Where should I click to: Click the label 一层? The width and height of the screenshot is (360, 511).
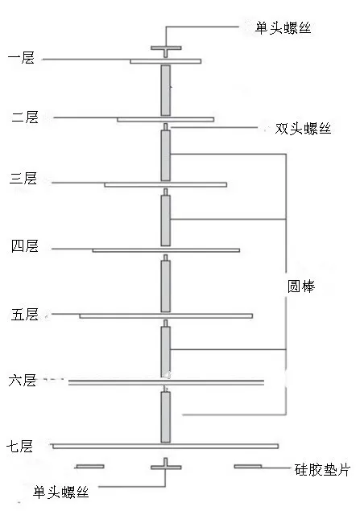pyautogui.click(x=21, y=58)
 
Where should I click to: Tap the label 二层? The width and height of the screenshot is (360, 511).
pyautogui.click(x=25, y=117)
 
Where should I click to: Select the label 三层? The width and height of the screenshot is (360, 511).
pyautogui.click(x=23, y=179)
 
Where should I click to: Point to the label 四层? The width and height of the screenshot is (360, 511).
pyautogui.click(x=25, y=245)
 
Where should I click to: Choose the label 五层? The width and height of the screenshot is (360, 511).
pyautogui.click(x=25, y=315)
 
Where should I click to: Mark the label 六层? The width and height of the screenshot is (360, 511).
pyautogui.click(x=23, y=381)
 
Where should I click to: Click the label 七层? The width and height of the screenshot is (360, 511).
pyautogui.click(x=20, y=446)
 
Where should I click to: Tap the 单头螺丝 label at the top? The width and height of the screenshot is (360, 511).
pyautogui.click(x=283, y=28)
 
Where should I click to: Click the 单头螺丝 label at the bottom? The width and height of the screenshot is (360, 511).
pyautogui.click(x=61, y=492)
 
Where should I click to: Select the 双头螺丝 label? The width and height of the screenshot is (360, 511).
pyautogui.click(x=304, y=129)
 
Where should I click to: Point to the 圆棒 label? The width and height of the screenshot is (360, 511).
pyautogui.click(x=301, y=286)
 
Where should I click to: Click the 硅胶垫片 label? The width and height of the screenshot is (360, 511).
pyautogui.click(x=322, y=470)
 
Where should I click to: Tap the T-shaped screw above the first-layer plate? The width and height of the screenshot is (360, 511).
pyautogui.click(x=166, y=52)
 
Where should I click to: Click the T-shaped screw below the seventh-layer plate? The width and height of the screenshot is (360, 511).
pyautogui.click(x=166, y=464)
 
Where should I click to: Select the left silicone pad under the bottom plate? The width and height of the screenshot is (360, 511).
pyautogui.click(x=90, y=467)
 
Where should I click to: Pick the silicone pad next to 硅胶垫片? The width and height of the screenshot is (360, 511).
pyautogui.click(x=248, y=467)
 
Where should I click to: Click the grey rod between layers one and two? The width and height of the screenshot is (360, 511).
pyautogui.click(x=166, y=90)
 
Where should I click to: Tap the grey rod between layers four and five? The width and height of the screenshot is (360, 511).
pyautogui.click(x=166, y=286)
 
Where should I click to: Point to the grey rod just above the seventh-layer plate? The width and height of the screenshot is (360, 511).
pyautogui.click(x=166, y=417)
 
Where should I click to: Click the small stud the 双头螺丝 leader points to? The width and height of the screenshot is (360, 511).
pyautogui.click(x=166, y=127)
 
